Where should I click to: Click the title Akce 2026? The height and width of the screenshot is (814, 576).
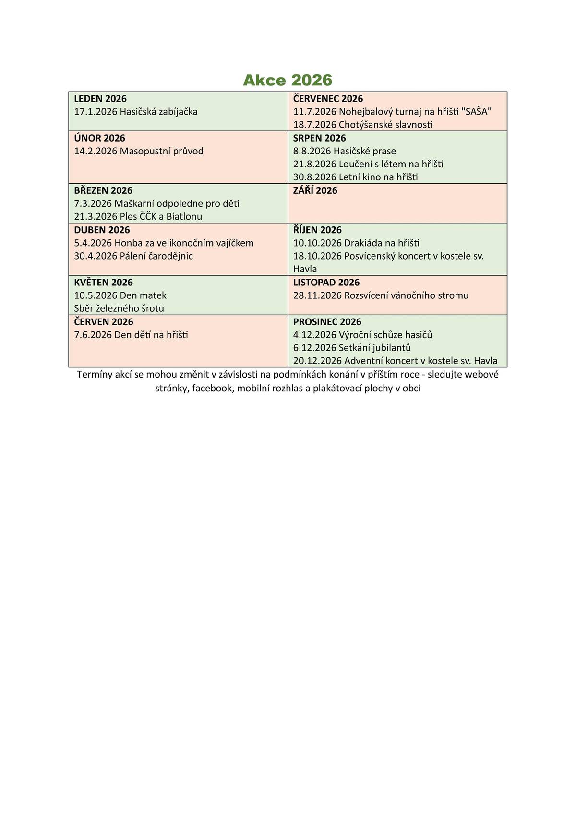288,80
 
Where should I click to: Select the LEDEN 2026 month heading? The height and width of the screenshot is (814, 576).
100,99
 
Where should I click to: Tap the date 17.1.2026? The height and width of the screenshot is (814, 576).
96,112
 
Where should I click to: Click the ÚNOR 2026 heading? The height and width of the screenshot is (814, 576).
99,138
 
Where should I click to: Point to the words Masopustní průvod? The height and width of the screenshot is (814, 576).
162,151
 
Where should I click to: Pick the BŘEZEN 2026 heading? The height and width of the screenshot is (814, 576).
103,190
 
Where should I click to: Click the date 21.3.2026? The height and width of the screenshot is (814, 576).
96,216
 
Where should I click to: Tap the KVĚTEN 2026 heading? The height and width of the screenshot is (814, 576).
104,283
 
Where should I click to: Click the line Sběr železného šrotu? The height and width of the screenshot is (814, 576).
119,308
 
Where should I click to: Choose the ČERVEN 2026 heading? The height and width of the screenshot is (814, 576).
104,322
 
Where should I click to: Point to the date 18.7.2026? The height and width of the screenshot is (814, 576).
315,125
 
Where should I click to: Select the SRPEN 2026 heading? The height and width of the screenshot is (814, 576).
320,138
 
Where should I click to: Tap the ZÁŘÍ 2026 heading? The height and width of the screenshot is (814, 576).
315,190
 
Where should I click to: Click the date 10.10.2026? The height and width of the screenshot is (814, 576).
317,243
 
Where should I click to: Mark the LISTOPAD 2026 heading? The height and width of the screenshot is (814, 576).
326,283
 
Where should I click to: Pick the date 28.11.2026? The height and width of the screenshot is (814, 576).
317,295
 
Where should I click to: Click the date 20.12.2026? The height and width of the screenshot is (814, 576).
317,361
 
